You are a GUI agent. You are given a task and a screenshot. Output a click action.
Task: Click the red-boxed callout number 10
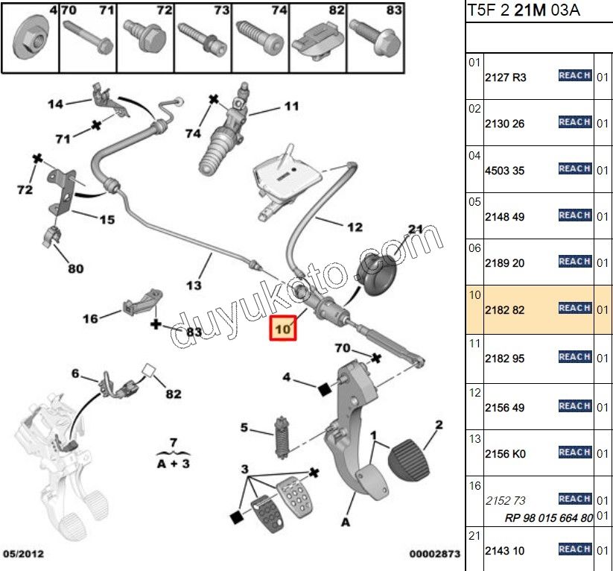click(282, 326)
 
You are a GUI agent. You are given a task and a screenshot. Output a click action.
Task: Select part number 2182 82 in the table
click(505, 309)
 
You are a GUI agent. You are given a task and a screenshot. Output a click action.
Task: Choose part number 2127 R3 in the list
click(505, 77)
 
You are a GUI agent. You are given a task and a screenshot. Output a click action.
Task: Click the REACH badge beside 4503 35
click(574, 169)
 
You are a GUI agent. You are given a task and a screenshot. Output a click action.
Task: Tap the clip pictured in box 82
click(318, 42)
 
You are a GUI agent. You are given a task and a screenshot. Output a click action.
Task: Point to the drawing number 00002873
click(434, 555)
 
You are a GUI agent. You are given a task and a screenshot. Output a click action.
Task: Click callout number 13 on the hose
click(194, 285)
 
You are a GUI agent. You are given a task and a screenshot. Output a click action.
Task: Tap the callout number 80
click(76, 268)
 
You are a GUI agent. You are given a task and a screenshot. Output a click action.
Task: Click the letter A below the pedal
click(346, 522)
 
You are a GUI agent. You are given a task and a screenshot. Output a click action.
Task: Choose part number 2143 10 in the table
click(505, 551)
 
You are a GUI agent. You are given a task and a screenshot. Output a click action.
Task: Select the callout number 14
click(55, 104)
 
